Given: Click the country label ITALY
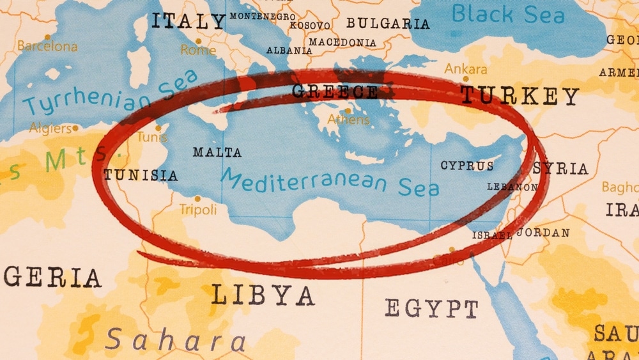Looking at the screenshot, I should click(x=188, y=21).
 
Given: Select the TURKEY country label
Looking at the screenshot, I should click(x=520, y=96).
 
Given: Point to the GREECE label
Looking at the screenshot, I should click(x=335, y=91).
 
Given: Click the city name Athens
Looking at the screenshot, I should click(x=348, y=119).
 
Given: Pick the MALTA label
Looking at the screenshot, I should click(x=217, y=152).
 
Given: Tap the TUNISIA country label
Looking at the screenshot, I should click(x=141, y=175).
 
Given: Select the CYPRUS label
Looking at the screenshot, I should click(x=467, y=166).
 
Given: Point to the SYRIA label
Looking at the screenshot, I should click(x=560, y=168).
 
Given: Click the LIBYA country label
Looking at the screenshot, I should click(x=263, y=295).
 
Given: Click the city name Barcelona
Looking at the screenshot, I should click(x=47, y=46).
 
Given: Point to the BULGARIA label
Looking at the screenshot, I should click(x=388, y=24).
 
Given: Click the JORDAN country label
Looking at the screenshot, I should click(x=543, y=233).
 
